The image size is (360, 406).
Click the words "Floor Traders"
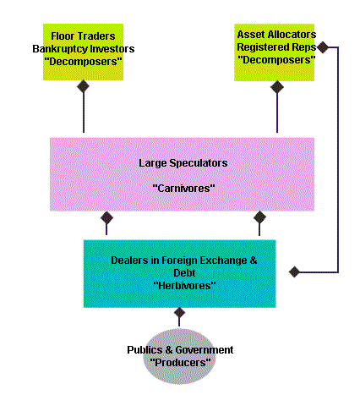[x=83, y=36]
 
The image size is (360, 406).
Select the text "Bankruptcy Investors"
[x=84, y=49]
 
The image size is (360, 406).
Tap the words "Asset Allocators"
[x=276, y=35]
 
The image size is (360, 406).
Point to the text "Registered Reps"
[x=276, y=47]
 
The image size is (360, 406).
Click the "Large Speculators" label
[x=183, y=163]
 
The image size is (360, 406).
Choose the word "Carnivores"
[x=183, y=188]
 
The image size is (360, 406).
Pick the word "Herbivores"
[x=184, y=286]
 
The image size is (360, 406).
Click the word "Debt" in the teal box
[x=184, y=273]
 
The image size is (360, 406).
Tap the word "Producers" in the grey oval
[x=180, y=362]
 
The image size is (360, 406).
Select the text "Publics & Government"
[x=180, y=350]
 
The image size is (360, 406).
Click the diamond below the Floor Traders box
[x=84, y=86]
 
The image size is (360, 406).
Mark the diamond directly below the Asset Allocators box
[x=277, y=87]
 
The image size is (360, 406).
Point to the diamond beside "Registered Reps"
[x=323, y=47]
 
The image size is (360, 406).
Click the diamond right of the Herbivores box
[x=294, y=272]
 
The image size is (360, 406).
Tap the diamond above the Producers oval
[x=179, y=312]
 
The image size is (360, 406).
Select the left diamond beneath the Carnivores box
[x=106, y=218]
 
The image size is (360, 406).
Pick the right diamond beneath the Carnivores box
[x=259, y=217]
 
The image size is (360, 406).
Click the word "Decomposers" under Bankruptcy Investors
[x=83, y=62]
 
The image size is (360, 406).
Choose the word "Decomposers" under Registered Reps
[x=276, y=60]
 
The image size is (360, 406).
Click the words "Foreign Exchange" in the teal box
[x=204, y=261]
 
